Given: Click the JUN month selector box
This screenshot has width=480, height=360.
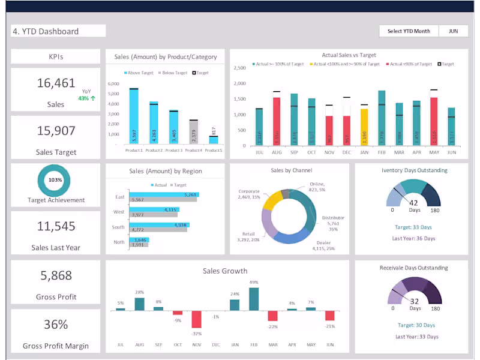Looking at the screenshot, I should [454, 31].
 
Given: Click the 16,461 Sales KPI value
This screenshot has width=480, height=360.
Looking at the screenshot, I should [56, 83].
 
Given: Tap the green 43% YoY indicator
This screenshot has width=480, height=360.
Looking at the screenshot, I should [86, 98].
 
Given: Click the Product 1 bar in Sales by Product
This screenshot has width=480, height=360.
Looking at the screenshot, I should [134, 117].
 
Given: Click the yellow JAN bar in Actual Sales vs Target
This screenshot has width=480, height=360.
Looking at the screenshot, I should [364, 127].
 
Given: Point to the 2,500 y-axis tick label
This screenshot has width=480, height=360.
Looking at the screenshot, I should [239, 68].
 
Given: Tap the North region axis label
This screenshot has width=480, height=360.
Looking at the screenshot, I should [119, 242].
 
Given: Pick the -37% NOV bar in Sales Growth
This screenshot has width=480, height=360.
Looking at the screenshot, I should [196, 319].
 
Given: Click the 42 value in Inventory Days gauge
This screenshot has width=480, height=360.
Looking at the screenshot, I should [413, 202].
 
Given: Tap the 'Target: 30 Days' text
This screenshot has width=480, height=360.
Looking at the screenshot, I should [414, 326].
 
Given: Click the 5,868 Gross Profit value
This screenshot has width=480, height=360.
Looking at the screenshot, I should [56, 275].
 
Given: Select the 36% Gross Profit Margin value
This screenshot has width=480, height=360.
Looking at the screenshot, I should [56, 325].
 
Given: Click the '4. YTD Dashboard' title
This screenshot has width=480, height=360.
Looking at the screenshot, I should [46, 31].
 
